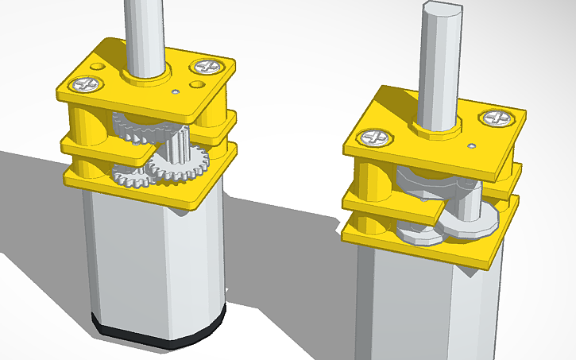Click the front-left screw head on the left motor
[x=85, y=83]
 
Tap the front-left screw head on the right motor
[x=374, y=138]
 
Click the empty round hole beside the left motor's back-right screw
[x=196, y=83]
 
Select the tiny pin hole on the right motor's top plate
[x=472, y=146]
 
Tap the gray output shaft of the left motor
[x=145, y=32]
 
